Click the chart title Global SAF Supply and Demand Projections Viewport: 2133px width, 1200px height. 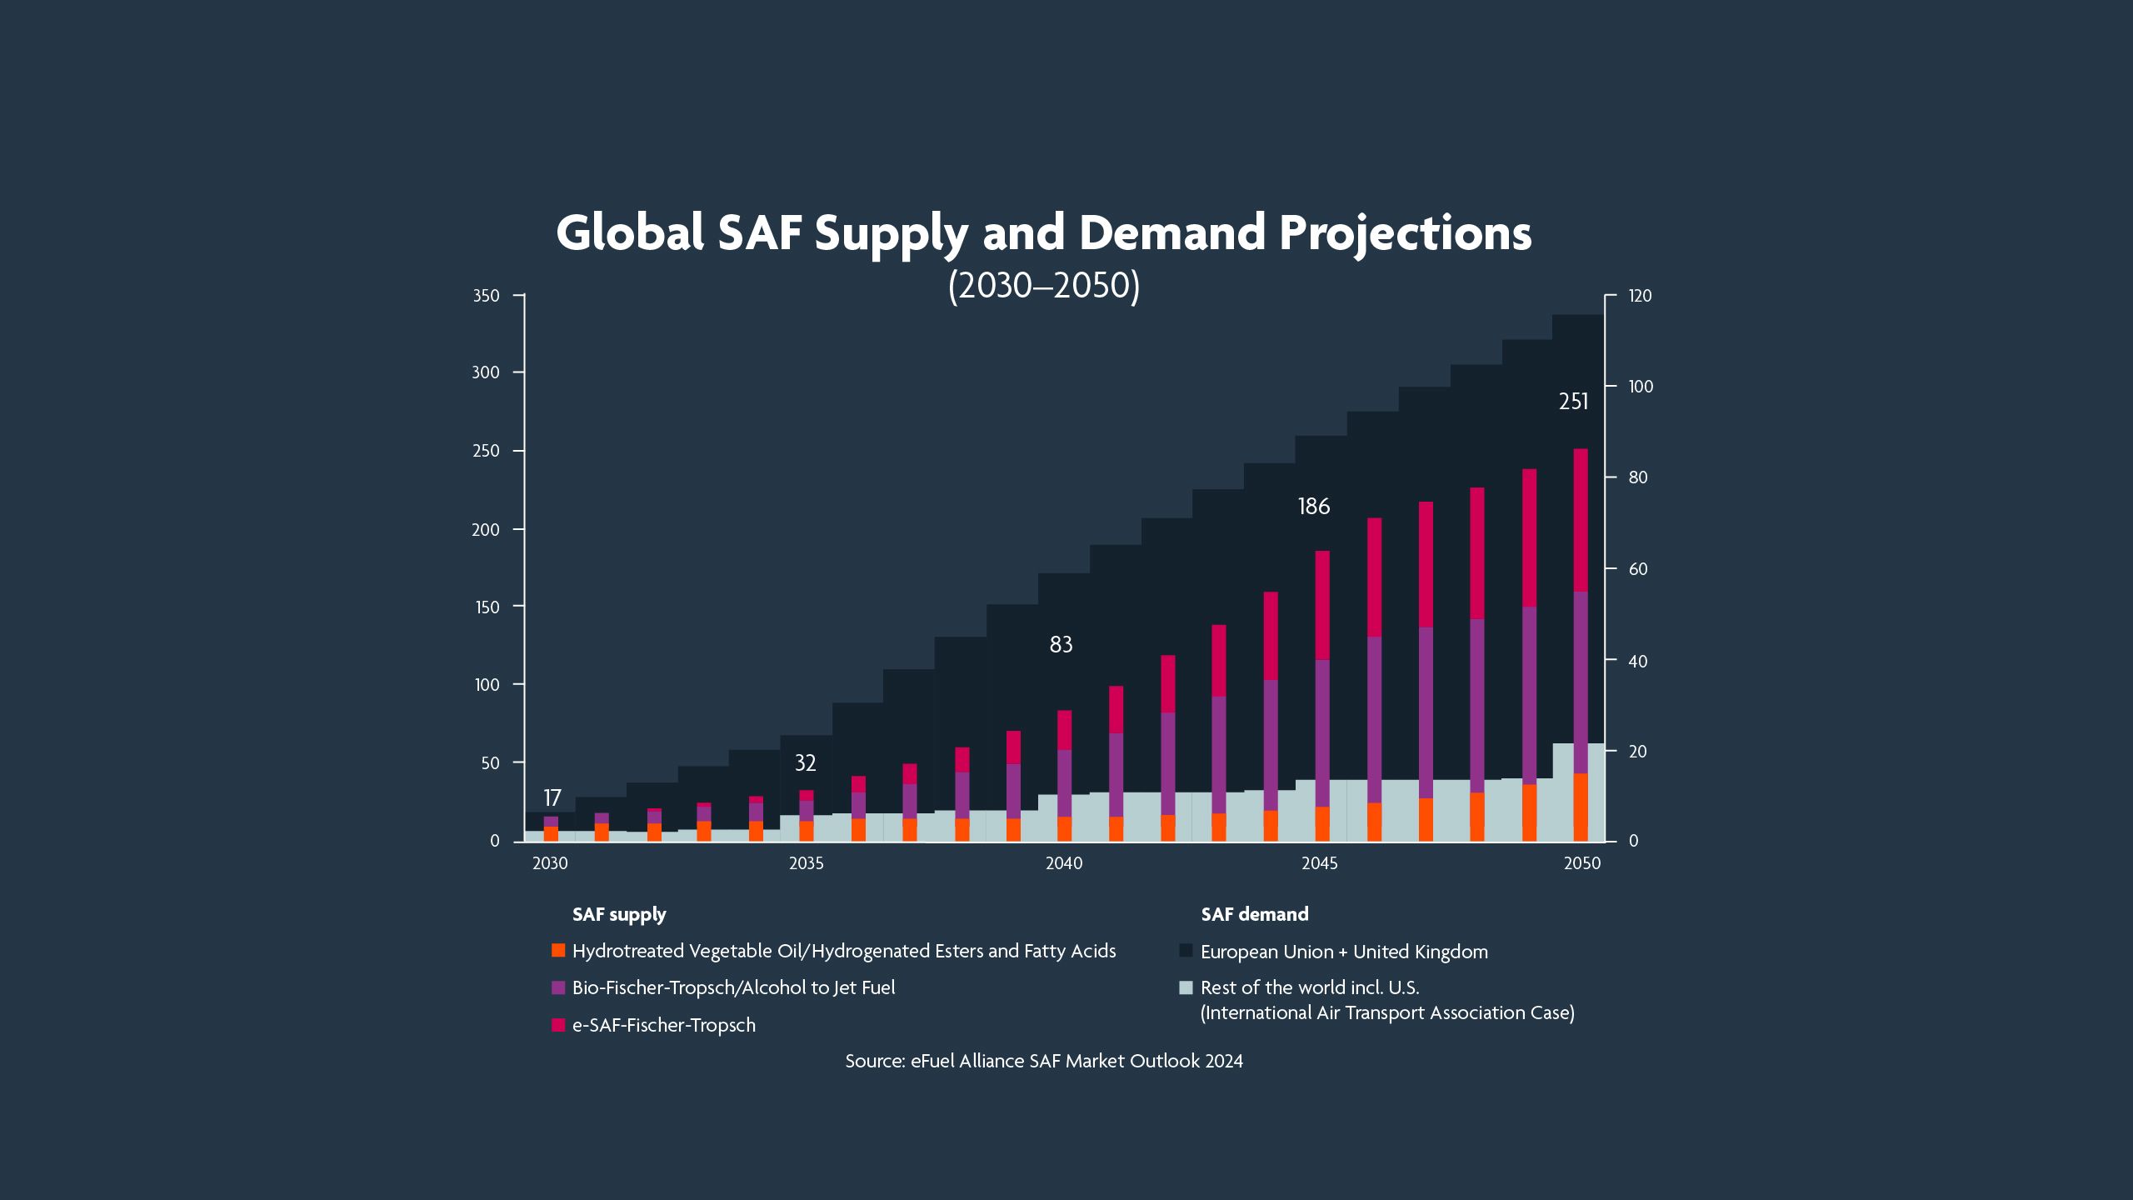click(1043, 232)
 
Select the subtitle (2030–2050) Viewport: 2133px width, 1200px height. click(1043, 286)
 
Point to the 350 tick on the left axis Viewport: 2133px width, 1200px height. click(486, 296)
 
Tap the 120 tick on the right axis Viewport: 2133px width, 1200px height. click(1640, 296)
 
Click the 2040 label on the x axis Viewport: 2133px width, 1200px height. click(1064, 863)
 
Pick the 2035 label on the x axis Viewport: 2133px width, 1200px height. click(806, 863)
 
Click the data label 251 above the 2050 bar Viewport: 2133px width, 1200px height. click(1573, 402)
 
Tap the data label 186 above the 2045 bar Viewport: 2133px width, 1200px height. click(1314, 507)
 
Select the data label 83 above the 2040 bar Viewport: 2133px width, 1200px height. click(1061, 644)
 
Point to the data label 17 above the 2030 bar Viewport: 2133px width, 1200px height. click(552, 798)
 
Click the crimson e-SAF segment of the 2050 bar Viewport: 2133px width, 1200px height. click(1580, 521)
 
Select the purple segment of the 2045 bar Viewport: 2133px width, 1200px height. click(1322, 733)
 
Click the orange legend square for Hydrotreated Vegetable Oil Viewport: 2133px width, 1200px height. click(558, 951)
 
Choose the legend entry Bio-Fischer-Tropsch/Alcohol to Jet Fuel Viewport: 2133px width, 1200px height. click(733, 987)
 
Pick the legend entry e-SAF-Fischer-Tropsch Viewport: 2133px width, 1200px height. click(663, 1025)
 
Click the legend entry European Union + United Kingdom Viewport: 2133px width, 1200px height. click(1343, 952)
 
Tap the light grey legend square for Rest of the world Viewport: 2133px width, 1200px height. click(1186, 988)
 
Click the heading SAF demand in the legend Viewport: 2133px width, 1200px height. click(1254, 914)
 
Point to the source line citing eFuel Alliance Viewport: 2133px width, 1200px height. click(1043, 1061)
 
